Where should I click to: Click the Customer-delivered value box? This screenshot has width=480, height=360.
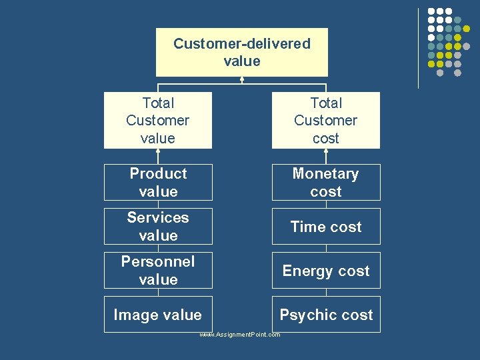pyautogui.click(x=242, y=52)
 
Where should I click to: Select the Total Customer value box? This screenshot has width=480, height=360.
pyautogui.click(x=158, y=120)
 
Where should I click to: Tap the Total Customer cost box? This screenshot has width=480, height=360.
pyautogui.click(x=325, y=120)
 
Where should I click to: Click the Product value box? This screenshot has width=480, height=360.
pyautogui.click(x=158, y=182)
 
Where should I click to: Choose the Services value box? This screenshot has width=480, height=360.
pyautogui.click(x=158, y=226)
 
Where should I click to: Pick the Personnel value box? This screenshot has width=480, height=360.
pyautogui.click(x=158, y=270)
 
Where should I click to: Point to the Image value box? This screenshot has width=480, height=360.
pyautogui.click(x=158, y=314)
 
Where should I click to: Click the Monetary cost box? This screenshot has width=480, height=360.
pyautogui.click(x=325, y=182)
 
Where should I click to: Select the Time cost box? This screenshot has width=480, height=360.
pyautogui.click(x=325, y=226)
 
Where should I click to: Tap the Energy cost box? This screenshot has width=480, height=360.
pyautogui.click(x=325, y=270)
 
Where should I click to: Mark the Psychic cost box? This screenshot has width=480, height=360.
pyautogui.click(x=325, y=314)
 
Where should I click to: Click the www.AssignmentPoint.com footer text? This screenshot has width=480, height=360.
pyautogui.click(x=240, y=335)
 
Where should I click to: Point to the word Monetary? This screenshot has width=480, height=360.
pyautogui.click(x=325, y=173)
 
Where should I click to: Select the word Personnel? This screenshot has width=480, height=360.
pyautogui.click(x=158, y=261)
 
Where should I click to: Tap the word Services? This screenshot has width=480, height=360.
pyautogui.click(x=158, y=217)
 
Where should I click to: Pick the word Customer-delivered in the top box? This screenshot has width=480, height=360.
pyautogui.click(x=242, y=44)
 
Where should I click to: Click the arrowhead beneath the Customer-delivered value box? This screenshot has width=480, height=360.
pyautogui.click(x=242, y=79)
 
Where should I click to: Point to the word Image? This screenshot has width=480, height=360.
pyautogui.click(x=135, y=315)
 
